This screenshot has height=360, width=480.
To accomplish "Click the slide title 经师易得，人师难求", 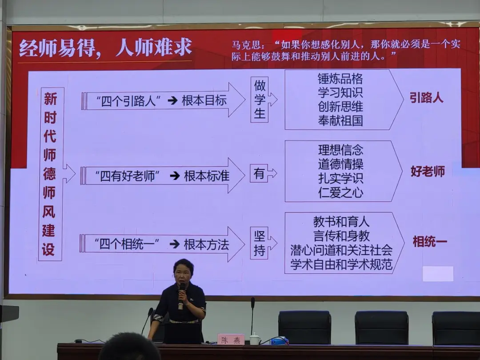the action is click(106, 48).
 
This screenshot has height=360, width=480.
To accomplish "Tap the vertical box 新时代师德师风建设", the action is click(51, 174).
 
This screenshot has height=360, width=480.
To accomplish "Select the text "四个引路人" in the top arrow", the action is click(129, 101).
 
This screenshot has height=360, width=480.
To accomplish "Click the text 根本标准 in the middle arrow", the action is click(207, 176).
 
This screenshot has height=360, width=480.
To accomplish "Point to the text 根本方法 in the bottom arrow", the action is click(206, 244).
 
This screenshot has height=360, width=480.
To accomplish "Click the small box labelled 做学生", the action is click(260, 100).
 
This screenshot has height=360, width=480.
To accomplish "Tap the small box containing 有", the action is click(259, 174).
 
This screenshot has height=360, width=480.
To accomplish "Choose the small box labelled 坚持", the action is click(259, 244).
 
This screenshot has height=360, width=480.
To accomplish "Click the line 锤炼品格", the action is click(340, 79).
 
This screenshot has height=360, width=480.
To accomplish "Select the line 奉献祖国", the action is click(340, 120).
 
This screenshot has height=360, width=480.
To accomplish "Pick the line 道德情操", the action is click(341, 164).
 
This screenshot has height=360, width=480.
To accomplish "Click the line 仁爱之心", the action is click(341, 192).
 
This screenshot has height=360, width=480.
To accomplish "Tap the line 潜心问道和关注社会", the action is click(341, 250).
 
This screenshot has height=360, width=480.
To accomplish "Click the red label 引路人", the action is click(426, 98).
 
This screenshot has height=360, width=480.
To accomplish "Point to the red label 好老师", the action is click(428, 172).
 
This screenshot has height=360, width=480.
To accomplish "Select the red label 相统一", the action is click(430, 241).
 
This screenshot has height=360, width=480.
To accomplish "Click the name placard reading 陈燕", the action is click(231, 340).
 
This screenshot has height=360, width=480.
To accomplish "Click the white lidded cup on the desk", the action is click(254, 339).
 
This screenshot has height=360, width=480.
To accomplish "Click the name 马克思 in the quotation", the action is click(246, 45).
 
